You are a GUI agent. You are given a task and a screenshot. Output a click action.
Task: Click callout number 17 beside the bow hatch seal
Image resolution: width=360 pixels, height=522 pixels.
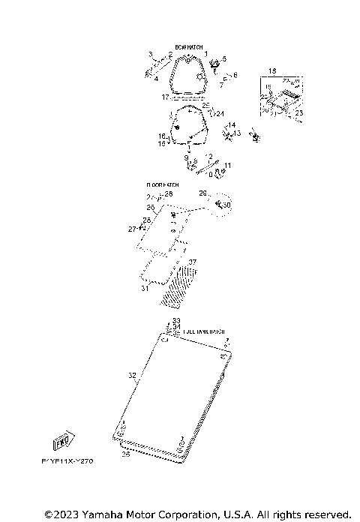coord(165,97)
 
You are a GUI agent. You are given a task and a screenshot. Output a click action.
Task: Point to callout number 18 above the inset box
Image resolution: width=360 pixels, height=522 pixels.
coord(271,70)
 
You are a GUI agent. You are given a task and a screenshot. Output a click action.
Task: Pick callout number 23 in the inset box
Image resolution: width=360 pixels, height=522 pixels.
coord(298,112)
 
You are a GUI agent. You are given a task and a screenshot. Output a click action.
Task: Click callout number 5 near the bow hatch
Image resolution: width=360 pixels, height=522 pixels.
coord(223,58)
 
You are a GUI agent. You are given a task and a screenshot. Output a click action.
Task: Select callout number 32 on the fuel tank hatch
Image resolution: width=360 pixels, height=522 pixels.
coord(132,374)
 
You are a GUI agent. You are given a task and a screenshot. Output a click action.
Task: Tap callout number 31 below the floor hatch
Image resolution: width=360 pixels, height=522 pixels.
coord(145,288)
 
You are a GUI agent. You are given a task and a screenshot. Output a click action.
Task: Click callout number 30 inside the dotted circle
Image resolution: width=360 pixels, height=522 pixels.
coord(228,205)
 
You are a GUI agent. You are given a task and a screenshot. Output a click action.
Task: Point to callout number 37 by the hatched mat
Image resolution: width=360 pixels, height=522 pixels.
coord(192,262)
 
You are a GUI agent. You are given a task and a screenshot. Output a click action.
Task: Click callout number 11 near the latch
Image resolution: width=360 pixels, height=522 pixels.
coord(228,165)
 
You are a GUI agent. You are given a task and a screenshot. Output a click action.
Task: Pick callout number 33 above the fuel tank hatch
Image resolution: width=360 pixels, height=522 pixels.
coord(176,320)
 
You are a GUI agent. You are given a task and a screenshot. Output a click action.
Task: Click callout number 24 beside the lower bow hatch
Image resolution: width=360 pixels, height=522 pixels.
coord(220,113)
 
